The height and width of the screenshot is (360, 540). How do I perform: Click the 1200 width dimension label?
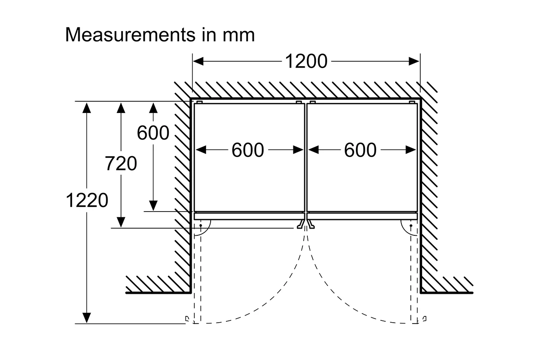pos(306,61)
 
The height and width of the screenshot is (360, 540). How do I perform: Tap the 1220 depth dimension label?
pos(87,200)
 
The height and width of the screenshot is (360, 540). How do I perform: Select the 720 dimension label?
pos(121,163)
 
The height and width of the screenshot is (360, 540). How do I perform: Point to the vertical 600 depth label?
pos(153,133)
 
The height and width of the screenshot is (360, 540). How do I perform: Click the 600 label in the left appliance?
pos(248,150)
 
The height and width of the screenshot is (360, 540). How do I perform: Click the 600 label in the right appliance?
pos(360,150)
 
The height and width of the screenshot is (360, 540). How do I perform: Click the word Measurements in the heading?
pos(130,35)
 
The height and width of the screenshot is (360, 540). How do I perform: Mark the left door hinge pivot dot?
pos(201,225)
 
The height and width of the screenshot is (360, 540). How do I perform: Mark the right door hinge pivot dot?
pos(411,226)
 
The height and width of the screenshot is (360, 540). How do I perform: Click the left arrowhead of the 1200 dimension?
pos(198,61)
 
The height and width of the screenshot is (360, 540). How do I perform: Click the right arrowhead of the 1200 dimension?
pos(414,61)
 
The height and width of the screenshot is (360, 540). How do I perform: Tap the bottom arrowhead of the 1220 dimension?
pos(87,318)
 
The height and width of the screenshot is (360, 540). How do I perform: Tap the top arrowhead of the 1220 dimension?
pos(87,108)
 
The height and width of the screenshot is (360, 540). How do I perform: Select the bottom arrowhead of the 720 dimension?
pos(121,222)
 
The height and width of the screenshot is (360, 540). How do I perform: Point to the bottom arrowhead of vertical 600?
pos(153,206)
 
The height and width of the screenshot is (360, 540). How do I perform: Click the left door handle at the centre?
pos(300,224)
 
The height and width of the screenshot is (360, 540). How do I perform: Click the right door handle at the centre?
pos(311,224)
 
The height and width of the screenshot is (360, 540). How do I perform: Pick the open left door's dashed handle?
pos(187,319)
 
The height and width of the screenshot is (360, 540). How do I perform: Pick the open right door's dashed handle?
pos(424,319)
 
